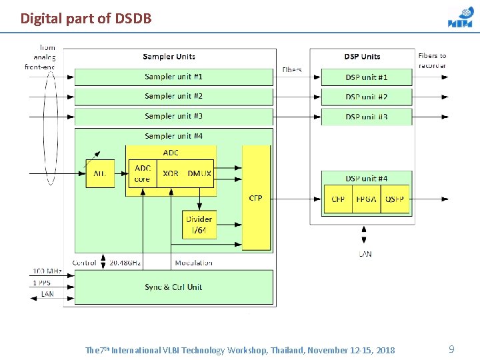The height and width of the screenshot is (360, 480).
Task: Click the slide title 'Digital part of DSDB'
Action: tap(86, 18)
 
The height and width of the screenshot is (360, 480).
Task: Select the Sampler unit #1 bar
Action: tap(173, 77)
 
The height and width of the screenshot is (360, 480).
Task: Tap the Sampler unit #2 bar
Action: tap(173, 97)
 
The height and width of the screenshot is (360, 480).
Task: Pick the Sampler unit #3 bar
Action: tap(173, 116)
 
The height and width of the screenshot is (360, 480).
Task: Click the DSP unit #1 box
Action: tap(367, 77)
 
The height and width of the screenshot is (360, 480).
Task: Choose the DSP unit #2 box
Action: tap(367, 97)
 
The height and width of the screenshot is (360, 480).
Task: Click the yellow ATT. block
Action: tap(100, 173)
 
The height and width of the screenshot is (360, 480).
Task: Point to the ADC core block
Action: tap(142, 173)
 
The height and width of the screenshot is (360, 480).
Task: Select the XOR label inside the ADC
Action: tap(171, 173)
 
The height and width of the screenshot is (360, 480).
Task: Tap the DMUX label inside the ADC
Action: tap(199, 173)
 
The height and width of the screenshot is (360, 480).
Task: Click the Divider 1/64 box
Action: tap(199, 225)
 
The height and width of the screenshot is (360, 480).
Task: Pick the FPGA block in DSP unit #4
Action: tap(366, 199)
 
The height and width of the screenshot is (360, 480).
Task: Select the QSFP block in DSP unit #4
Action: tap(395, 199)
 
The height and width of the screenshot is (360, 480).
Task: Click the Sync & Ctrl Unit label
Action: tap(173, 287)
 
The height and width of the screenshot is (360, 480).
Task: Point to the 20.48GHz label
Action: tap(125, 263)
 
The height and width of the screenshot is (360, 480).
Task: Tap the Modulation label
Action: tap(193, 263)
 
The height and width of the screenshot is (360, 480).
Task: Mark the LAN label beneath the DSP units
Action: tap(365, 254)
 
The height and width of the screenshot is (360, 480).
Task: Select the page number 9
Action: tap(451, 349)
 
